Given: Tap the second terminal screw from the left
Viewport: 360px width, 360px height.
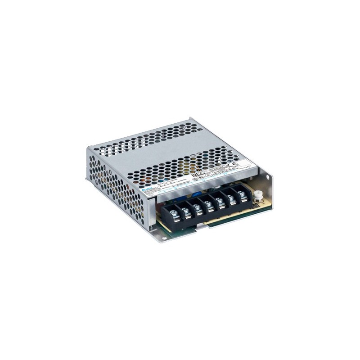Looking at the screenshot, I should (x=185, y=211).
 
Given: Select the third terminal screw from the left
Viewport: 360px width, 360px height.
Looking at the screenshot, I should (x=197, y=207).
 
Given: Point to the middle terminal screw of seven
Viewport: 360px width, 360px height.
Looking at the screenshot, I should (x=208, y=203).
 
